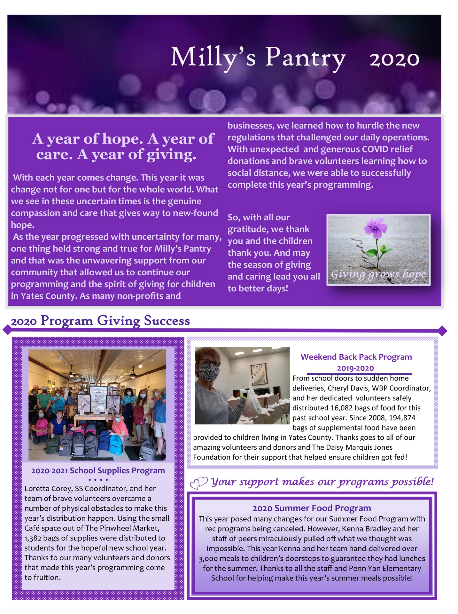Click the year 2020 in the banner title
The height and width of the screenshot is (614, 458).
tap(394, 59)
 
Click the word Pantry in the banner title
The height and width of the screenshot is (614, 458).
tap(305, 58)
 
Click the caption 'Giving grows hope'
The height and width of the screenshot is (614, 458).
tap(378, 274)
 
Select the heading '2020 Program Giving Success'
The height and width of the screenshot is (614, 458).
tap(100, 321)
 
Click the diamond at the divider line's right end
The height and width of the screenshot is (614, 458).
tap(442, 331)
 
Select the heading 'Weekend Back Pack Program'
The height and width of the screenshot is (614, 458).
tap(356, 357)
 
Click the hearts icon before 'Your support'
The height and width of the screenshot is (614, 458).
tap(198, 483)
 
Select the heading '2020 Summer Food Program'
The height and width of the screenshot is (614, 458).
tap(312, 508)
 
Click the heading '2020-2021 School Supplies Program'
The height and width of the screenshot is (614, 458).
tap(98, 471)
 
